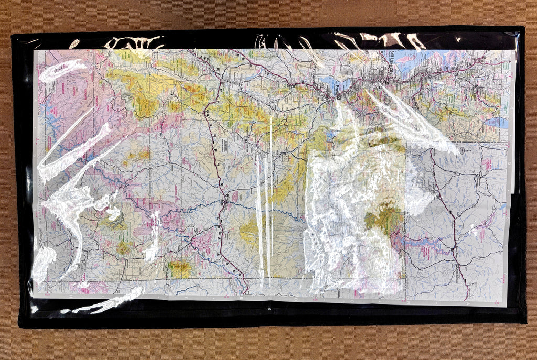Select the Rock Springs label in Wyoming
(x=465, y=272)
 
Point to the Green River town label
(x=454, y=251)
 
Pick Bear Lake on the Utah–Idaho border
(x=496, y=123)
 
